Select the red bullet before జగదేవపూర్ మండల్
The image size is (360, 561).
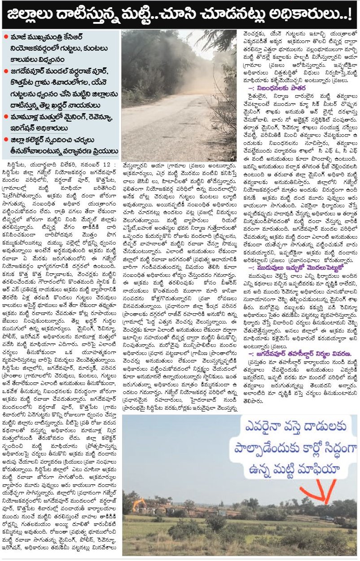tap(5, 71)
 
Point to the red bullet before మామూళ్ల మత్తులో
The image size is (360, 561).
tap(5, 117)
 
